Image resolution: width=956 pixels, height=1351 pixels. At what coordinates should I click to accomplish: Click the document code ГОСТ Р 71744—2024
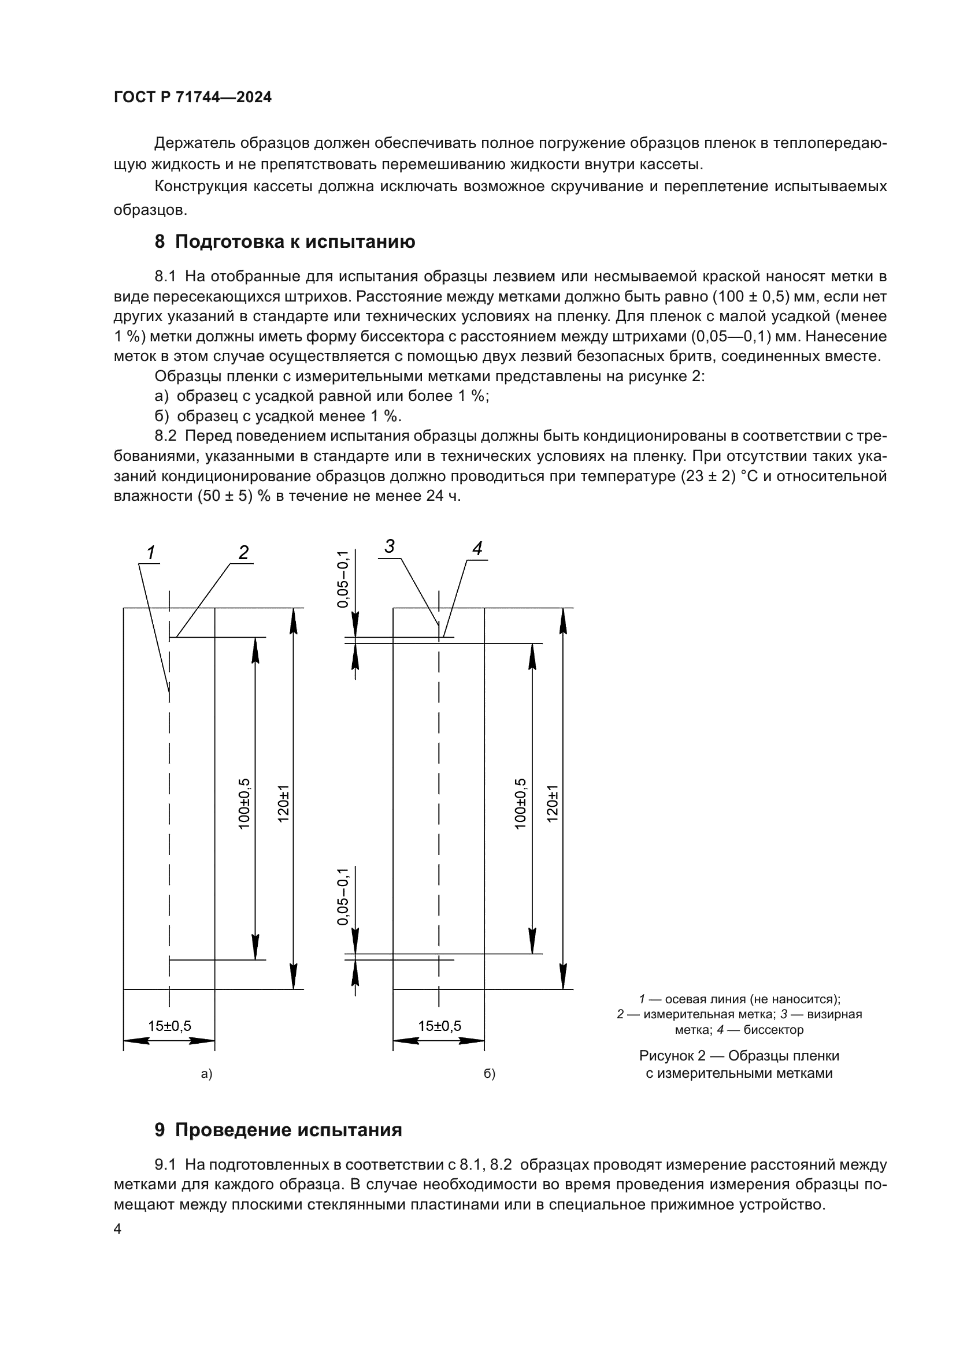coord(192,98)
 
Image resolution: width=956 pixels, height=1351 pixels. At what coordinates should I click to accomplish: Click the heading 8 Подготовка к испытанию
coord(284,242)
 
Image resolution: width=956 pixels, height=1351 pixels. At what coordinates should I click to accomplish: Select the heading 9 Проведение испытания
coord(278,1130)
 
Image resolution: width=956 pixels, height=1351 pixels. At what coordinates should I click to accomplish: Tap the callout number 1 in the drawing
coord(151,553)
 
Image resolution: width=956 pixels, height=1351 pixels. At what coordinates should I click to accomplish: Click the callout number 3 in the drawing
coord(389,546)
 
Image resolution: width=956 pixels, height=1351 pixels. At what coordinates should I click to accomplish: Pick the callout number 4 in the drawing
coord(477,548)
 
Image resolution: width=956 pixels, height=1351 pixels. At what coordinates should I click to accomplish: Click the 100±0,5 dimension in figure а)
coord(244,804)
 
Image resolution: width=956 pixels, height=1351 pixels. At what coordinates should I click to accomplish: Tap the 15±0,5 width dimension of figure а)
coord(169,1026)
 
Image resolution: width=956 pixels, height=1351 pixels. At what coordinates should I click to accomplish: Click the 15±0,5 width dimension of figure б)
coord(440,1026)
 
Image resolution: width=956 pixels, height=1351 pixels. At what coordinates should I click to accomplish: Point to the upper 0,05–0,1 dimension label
coord(343,579)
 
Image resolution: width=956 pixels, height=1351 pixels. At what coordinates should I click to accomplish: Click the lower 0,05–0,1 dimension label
coord(343,897)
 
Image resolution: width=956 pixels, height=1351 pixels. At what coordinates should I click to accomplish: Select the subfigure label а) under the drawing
coord(206,1074)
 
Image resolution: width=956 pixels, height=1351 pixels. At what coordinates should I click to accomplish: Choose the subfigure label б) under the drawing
coord(489,1074)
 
